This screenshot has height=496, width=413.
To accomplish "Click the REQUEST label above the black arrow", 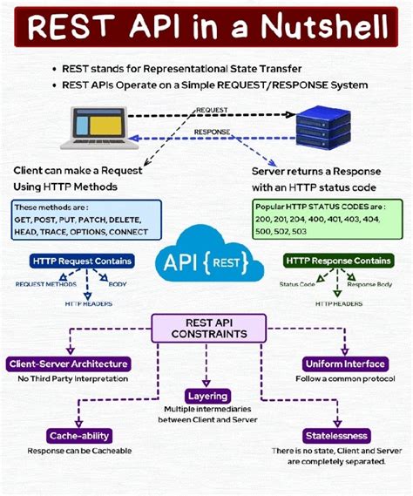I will click(x=214, y=110).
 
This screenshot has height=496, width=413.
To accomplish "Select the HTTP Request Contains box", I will click(x=82, y=261).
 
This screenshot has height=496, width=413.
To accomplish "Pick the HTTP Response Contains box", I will click(x=338, y=261).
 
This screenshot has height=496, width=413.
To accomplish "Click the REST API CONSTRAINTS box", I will click(x=206, y=328).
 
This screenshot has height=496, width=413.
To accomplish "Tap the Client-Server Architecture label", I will click(x=69, y=364).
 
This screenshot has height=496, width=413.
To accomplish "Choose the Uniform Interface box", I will click(x=346, y=364).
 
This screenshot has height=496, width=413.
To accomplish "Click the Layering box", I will click(x=207, y=396).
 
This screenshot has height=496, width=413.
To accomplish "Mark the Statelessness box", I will click(x=336, y=435).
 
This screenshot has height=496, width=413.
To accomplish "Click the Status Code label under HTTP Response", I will click(x=297, y=284).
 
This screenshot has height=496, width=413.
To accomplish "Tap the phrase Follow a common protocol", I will click(x=344, y=379).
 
